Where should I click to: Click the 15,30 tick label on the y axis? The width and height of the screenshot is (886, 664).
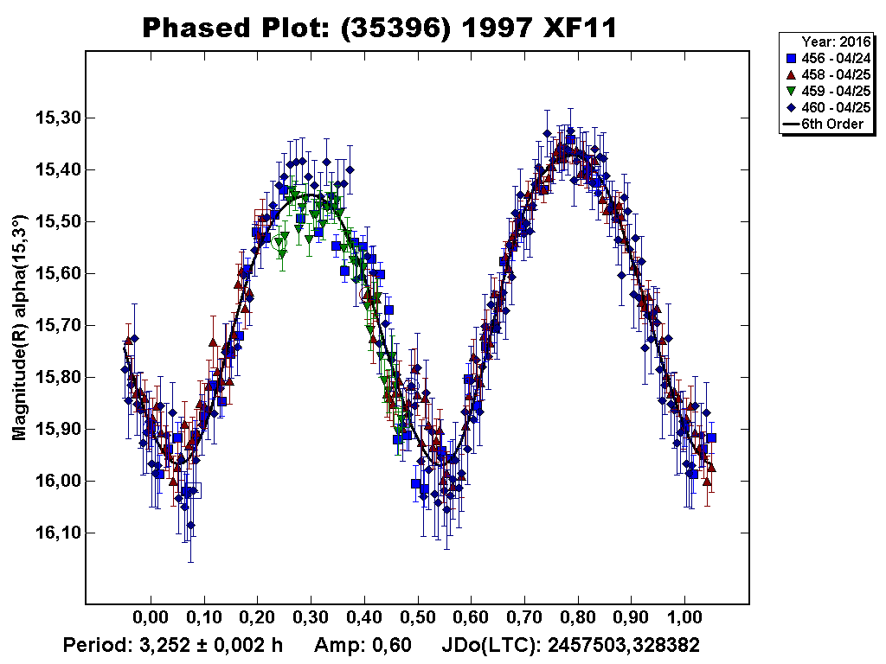pyautogui.click(x=53, y=118)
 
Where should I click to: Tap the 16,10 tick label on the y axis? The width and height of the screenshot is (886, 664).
pyautogui.click(x=53, y=533)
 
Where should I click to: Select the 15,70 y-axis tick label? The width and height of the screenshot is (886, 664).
pyautogui.click(x=53, y=326)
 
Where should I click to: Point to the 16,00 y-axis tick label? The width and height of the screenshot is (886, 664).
pyautogui.click(x=53, y=482)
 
